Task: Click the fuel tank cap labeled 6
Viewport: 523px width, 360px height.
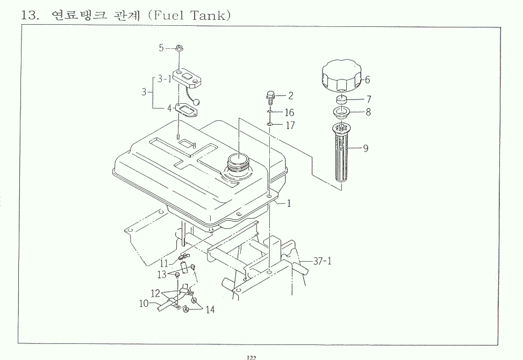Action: coord(341,77)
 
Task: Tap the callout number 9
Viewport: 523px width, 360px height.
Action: coord(366,148)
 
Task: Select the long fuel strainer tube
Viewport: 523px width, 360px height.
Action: coord(342,153)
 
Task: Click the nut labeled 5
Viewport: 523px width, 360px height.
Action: coord(180,48)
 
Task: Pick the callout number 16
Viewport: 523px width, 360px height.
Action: coord(290,112)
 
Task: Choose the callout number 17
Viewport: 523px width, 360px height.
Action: coord(290,125)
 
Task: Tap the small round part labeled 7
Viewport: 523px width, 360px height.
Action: coord(341,99)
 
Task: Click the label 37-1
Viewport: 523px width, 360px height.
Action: coord(323,261)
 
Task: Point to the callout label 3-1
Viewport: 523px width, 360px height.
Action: coord(164,79)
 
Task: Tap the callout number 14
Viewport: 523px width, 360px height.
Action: coord(210,309)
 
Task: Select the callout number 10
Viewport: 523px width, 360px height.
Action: coord(144,304)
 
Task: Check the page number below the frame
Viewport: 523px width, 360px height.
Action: coord(251,358)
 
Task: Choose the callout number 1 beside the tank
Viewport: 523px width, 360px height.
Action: coord(289,203)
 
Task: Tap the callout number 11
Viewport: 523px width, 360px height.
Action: coord(164,264)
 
